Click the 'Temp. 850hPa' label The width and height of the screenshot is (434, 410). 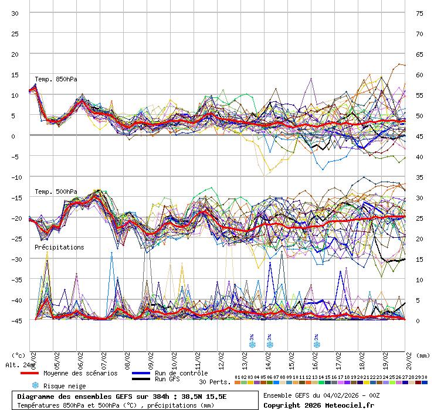[56, 79]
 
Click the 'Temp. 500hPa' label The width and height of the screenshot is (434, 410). [56, 192]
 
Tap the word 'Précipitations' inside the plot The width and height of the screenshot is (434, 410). [59, 247]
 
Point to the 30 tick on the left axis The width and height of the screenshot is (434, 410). [15, 13]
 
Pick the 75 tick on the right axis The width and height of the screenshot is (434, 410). [419, 13]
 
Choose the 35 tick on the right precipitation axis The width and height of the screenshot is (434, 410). [419, 177]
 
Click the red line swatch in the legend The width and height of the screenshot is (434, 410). [29, 373]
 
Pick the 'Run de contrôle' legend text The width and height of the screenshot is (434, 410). [181, 373]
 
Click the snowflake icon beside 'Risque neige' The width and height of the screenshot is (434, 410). [35, 385]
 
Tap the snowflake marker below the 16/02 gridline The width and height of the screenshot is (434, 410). [317, 344]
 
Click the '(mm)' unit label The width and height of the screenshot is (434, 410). [423, 355]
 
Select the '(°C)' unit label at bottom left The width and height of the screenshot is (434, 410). [18, 355]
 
